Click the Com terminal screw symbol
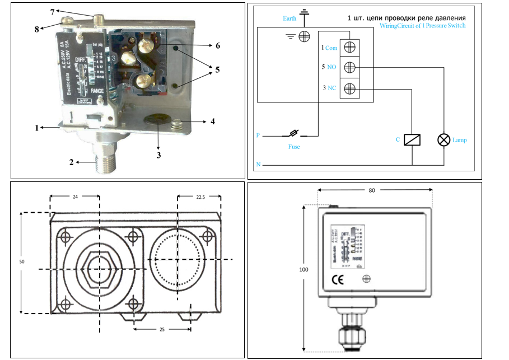(349, 49)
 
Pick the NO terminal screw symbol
(349, 68)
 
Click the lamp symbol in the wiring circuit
(444, 140)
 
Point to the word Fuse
(293, 147)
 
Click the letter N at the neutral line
(258, 165)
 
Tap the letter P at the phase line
(258, 135)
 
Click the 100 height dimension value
(304, 269)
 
